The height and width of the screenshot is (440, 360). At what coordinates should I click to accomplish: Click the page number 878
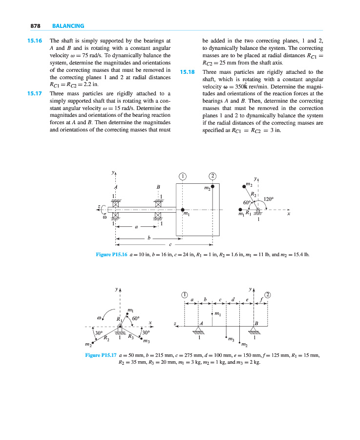click(34, 26)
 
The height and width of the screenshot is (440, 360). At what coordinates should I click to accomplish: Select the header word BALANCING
click(68, 26)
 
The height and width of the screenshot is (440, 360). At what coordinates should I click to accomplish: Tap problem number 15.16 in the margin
click(34, 41)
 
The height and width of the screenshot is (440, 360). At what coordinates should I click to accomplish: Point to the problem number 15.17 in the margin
click(34, 93)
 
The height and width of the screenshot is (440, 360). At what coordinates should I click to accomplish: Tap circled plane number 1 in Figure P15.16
click(182, 176)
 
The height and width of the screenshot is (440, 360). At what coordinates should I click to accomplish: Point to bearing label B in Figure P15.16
click(158, 187)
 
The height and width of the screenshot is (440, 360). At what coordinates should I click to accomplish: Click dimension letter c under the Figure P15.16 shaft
click(170, 244)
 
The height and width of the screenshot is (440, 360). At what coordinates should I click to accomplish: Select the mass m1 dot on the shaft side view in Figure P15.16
click(182, 210)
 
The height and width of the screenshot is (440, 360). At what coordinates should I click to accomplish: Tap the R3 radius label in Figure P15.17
click(130, 336)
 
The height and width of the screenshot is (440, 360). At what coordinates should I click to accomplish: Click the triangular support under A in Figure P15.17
click(198, 329)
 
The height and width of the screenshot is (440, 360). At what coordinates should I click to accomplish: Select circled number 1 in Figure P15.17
click(184, 294)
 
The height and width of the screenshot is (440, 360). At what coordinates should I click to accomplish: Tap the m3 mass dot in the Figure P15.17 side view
click(227, 337)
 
